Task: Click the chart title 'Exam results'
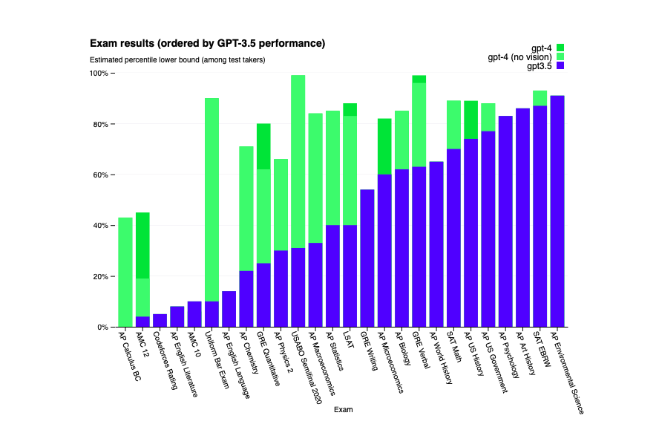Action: click(x=207, y=44)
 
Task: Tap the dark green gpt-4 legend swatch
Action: click(x=560, y=48)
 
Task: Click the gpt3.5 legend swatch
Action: click(x=560, y=66)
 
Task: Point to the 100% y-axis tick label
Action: click(x=98, y=74)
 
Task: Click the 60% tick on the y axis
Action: click(x=99, y=175)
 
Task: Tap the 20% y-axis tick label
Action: click(x=99, y=276)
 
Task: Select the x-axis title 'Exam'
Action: click(x=343, y=410)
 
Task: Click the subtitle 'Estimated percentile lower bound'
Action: click(x=177, y=59)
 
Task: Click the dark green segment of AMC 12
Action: click(x=142, y=245)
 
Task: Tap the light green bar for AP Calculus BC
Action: click(x=125, y=272)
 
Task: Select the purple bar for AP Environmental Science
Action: click(x=557, y=211)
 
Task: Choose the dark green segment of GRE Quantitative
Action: click(x=263, y=146)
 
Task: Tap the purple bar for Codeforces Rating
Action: click(x=160, y=320)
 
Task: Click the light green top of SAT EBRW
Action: click(x=540, y=98)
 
